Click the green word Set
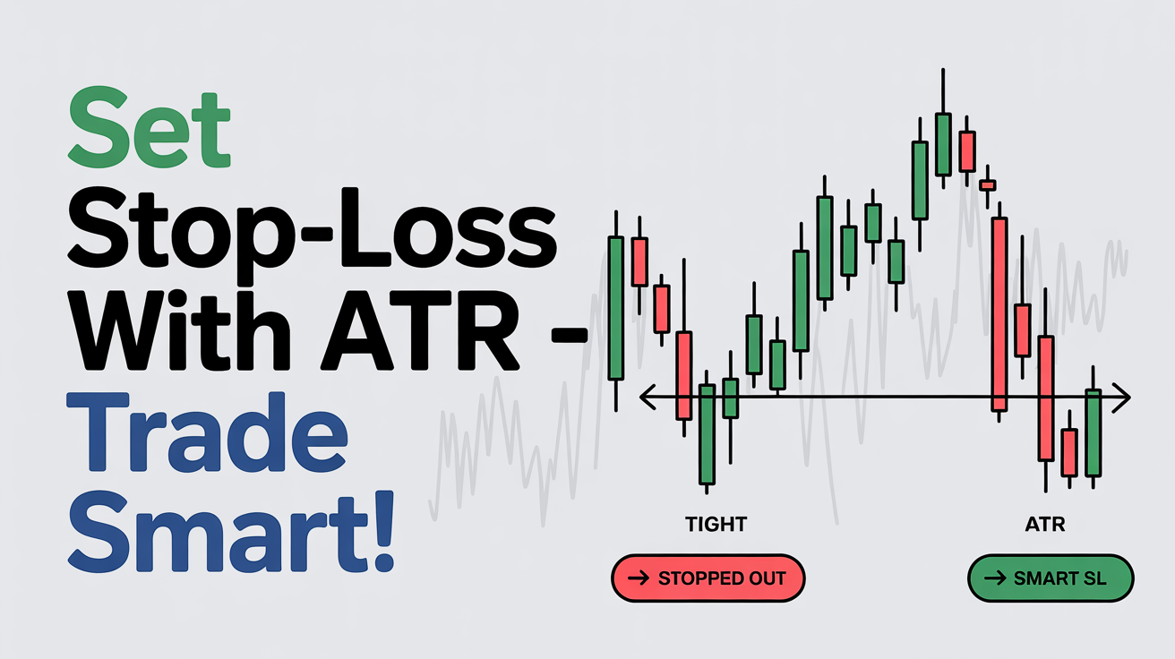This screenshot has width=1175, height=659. (150, 127)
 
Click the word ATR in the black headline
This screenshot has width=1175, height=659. (420, 331)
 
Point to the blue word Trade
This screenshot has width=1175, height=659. (207, 433)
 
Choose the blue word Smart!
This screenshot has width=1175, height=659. (231, 532)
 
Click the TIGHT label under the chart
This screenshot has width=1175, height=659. (716, 525)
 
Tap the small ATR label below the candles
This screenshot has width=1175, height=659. (1045, 525)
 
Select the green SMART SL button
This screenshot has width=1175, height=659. (1051, 578)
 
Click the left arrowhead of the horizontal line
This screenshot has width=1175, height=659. (648, 398)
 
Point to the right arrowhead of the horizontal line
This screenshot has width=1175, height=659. (1122, 398)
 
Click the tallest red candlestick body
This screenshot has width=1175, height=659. (999, 314)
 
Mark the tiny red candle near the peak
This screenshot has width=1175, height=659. (988, 185)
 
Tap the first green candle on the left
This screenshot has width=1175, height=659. (616, 308)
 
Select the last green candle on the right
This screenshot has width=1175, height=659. (1094, 433)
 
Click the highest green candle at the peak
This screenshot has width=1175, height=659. (943, 144)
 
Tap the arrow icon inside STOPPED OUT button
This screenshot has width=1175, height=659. (639, 578)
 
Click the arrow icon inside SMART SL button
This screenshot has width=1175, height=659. (995, 578)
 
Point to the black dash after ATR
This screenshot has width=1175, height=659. (570, 334)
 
